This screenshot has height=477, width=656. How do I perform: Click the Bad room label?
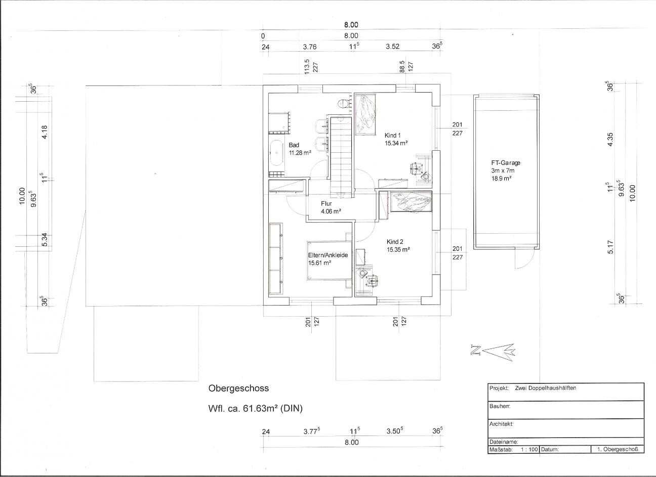point(294,145)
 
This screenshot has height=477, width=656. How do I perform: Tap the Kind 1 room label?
point(392,136)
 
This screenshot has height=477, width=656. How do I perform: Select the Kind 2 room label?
point(395,242)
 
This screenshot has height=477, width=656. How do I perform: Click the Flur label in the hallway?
point(326,204)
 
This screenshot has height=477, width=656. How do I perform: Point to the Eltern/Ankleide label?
point(328,255)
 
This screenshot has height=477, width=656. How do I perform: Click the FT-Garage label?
point(506,163)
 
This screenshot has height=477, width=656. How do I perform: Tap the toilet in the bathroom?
point(343,104)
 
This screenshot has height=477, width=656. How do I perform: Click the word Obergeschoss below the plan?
point(238,388)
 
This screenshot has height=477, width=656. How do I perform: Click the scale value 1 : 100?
point(529,449)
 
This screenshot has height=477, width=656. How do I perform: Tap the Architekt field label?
point(501,424)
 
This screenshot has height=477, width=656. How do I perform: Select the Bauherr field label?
point(500,406)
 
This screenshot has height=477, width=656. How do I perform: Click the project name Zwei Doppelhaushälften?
point(546,388)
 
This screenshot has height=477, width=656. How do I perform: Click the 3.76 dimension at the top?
point(310,47)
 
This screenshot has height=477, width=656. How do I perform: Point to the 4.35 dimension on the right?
point(610,140)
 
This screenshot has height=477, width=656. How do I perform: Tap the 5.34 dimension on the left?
point(45,240)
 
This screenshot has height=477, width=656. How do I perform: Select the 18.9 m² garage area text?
point(501,178)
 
